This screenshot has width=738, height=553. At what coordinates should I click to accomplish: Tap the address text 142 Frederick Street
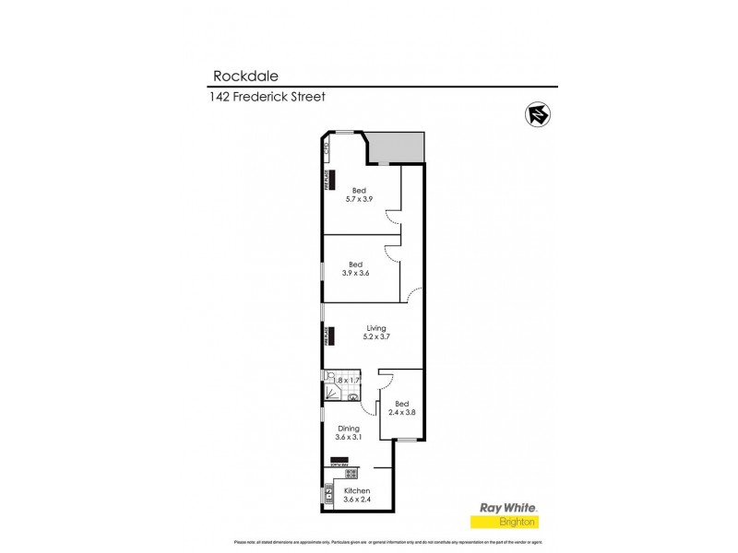tap(268, 96)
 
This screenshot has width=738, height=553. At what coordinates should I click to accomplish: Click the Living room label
tap(375, 327)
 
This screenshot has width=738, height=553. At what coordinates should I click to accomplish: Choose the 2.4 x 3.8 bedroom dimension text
tap(401, 413)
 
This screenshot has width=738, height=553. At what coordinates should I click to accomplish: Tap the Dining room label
tap(348, 429)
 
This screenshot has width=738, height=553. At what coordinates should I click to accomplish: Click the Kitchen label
tap(357, 490)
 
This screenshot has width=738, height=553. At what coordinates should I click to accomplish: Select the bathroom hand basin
tap(352, 396)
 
